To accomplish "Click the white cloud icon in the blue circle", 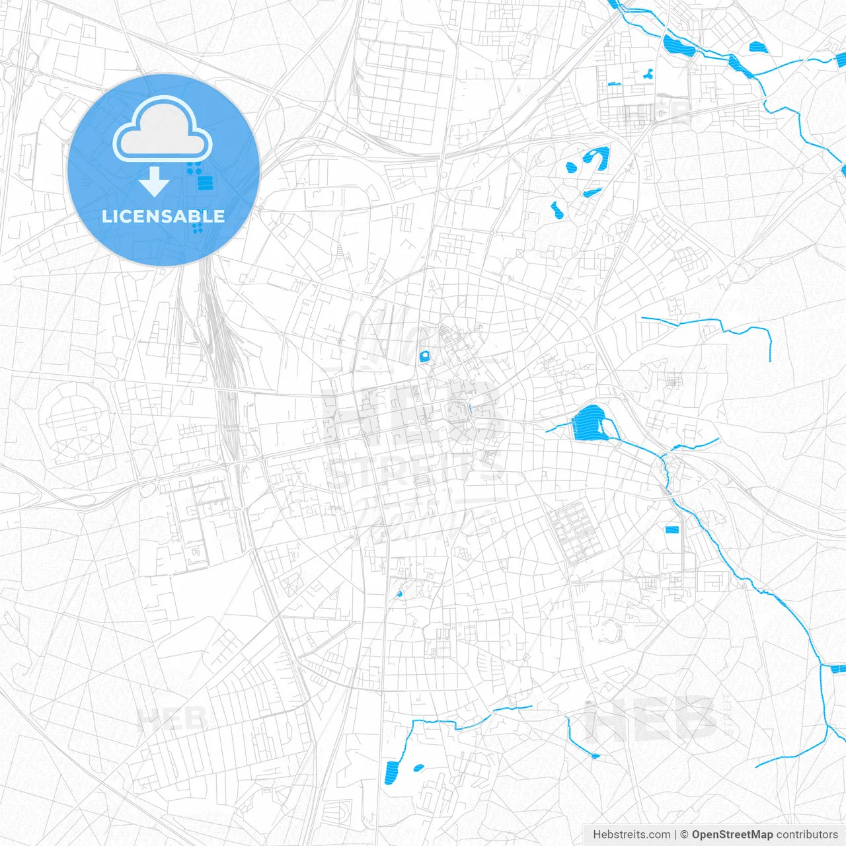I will [163, 130].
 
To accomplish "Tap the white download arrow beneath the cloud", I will [155, 182].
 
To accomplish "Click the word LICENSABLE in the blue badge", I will [163, 216].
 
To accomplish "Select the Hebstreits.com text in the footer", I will [631, 835].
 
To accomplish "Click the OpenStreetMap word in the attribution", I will [732, 835].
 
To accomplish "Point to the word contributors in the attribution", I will [806, 835].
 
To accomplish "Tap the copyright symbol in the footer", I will [684, 835].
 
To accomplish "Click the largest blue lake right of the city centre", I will [588, 423].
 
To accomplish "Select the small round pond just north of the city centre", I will [424, 357].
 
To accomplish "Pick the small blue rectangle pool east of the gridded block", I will [672, 529].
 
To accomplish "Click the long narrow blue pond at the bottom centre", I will [392, 772].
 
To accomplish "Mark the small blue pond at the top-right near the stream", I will [756, 47].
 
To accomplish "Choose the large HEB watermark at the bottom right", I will [651, 719].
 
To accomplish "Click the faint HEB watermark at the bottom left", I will [172, 718].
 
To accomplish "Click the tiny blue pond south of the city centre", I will [399, 594].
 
